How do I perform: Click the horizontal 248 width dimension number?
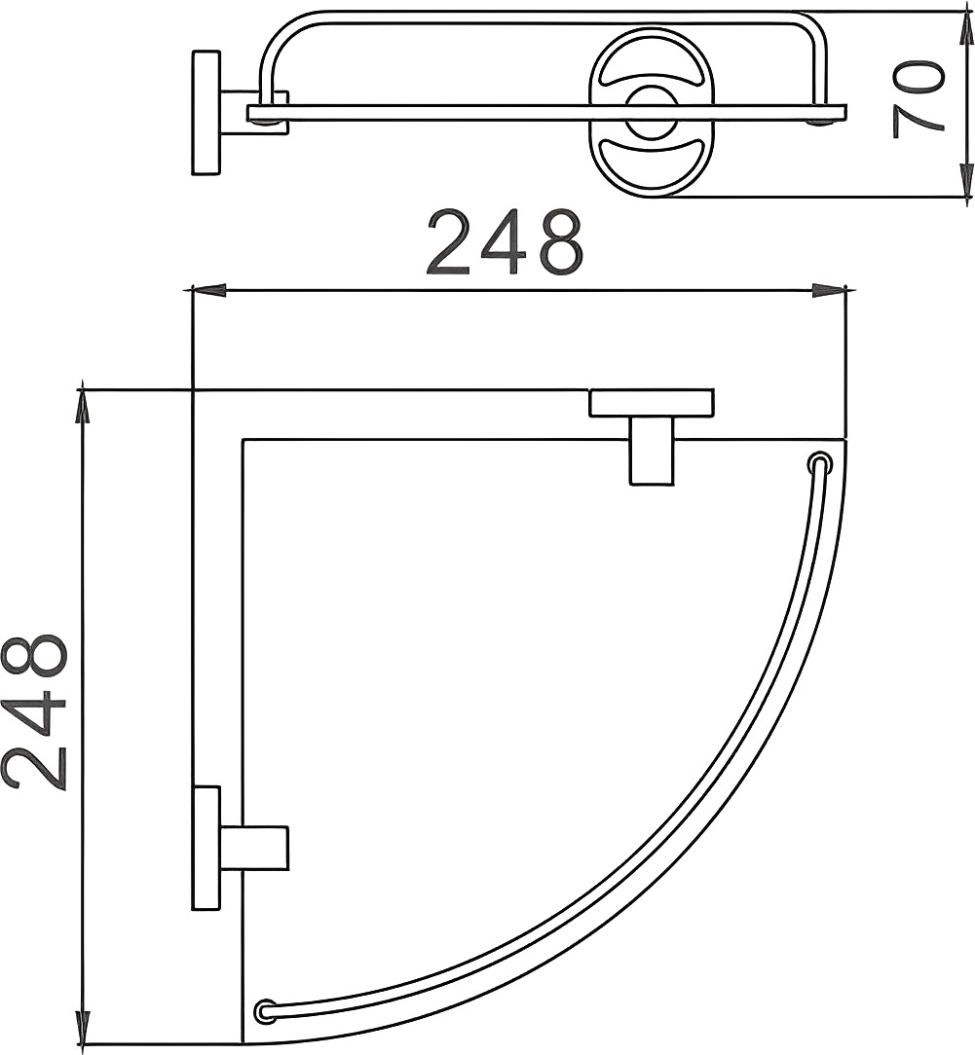505,242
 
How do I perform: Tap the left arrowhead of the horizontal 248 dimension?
208,291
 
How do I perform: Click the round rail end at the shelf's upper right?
819,463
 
